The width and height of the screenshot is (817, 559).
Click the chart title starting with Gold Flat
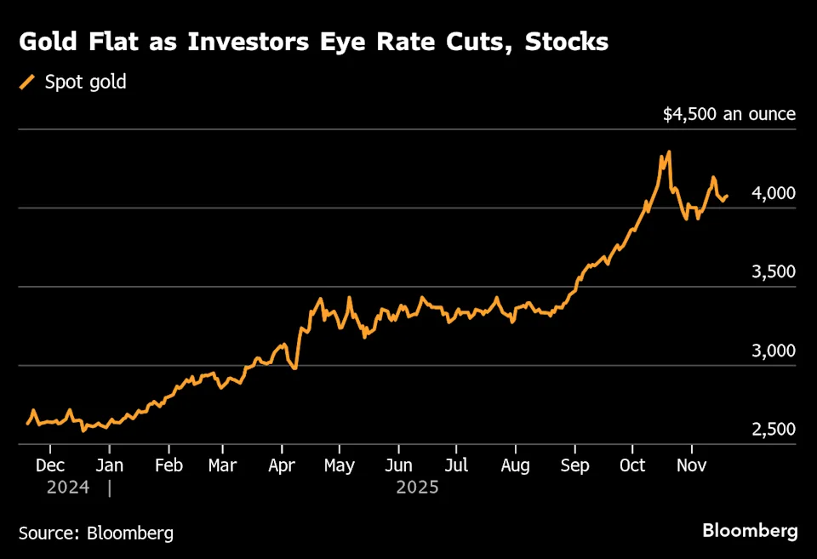point(313,41)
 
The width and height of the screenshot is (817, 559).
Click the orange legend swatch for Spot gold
point(28,83)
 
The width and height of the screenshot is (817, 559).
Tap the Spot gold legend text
point(85,83)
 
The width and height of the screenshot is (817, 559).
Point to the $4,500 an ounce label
point(729,114)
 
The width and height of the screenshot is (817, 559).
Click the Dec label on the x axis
point(50,465)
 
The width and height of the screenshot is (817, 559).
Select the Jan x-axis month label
point(109,465)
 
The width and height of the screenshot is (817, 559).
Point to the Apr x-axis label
point(282,465)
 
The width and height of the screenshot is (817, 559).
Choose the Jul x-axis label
point(456,465)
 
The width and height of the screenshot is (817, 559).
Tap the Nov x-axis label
point(691,465)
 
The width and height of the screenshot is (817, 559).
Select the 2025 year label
point(417,488)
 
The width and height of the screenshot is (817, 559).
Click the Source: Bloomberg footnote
point(96,533)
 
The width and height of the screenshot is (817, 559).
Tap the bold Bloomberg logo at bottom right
point(750,531)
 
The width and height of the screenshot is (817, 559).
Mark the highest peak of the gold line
point(669,152)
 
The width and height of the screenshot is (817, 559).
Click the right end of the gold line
point(726,196)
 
